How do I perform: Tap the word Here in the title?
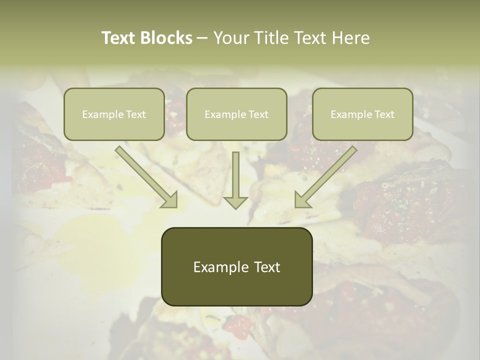349,38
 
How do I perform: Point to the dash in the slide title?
202,38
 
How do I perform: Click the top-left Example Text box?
114,114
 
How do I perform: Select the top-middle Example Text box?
236,114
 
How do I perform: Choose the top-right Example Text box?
362,114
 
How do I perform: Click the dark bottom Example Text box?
236,266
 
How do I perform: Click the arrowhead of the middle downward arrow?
235,202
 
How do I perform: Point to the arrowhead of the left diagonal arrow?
170,200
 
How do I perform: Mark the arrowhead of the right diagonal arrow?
301,200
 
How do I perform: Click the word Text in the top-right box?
383,114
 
